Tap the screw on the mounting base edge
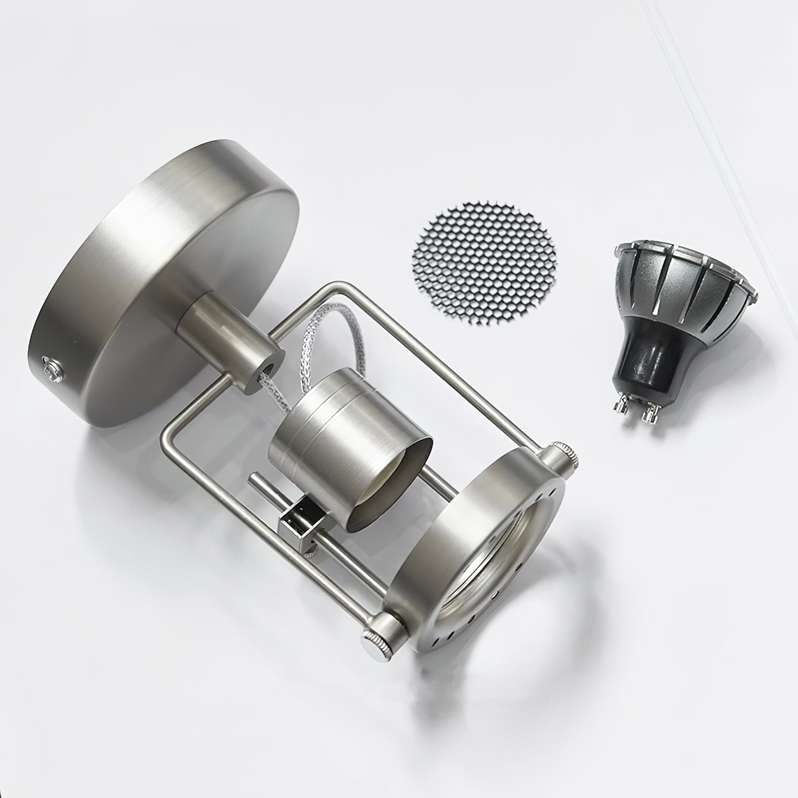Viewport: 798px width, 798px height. (x=51, y=366)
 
